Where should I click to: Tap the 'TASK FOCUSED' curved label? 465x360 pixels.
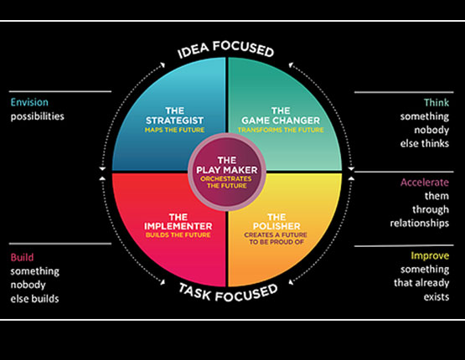(x=229, y=293)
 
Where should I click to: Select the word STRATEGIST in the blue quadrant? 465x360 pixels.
(x=174, y=121)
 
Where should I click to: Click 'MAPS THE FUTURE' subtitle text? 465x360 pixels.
(x=174, y=130)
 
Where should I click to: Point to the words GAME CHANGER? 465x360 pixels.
(x=281, y=121)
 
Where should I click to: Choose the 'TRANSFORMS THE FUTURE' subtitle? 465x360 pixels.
(x=281, y=130)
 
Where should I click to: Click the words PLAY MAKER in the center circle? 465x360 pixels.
(x=227, y=170)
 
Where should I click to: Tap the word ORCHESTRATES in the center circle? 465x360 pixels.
(x=226, y=178)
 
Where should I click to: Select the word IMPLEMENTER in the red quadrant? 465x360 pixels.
(x=178, y=226)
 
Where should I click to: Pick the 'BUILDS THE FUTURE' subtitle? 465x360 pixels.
(x=178, y=235)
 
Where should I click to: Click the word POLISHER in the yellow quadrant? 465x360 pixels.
(x=276, y=226)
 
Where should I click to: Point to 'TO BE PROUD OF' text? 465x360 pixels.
(x=276, y=242)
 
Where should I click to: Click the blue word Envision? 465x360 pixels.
(x=29, y=102)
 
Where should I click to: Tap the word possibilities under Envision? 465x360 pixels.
(x=38, y=116)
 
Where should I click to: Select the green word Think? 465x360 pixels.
(x=437, y=102)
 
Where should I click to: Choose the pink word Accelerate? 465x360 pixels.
(x=425, y=183)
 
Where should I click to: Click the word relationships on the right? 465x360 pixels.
(x=420, y=223)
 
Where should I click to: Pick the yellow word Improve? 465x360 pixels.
(x=430, y=255)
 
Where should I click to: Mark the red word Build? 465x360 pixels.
(x=22, y=257)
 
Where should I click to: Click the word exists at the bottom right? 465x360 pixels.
(x=437, y=296)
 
